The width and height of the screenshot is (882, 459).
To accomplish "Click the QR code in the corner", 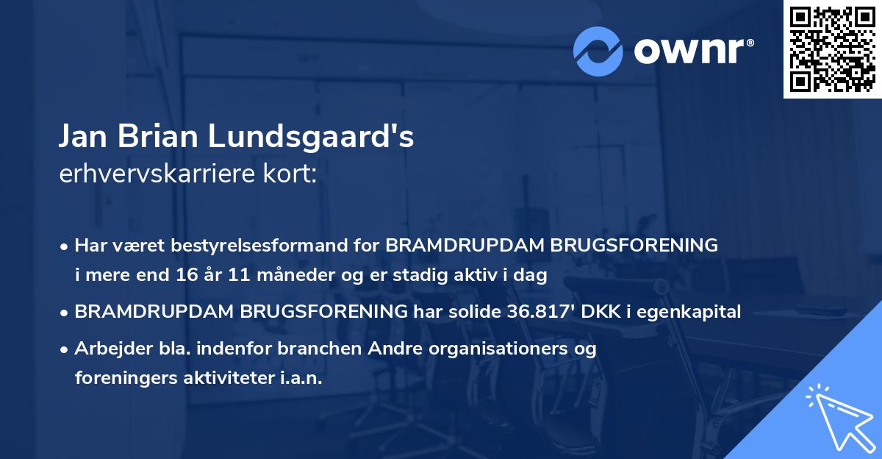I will [833, 49].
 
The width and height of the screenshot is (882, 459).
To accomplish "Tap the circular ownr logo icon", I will [598, 51].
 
